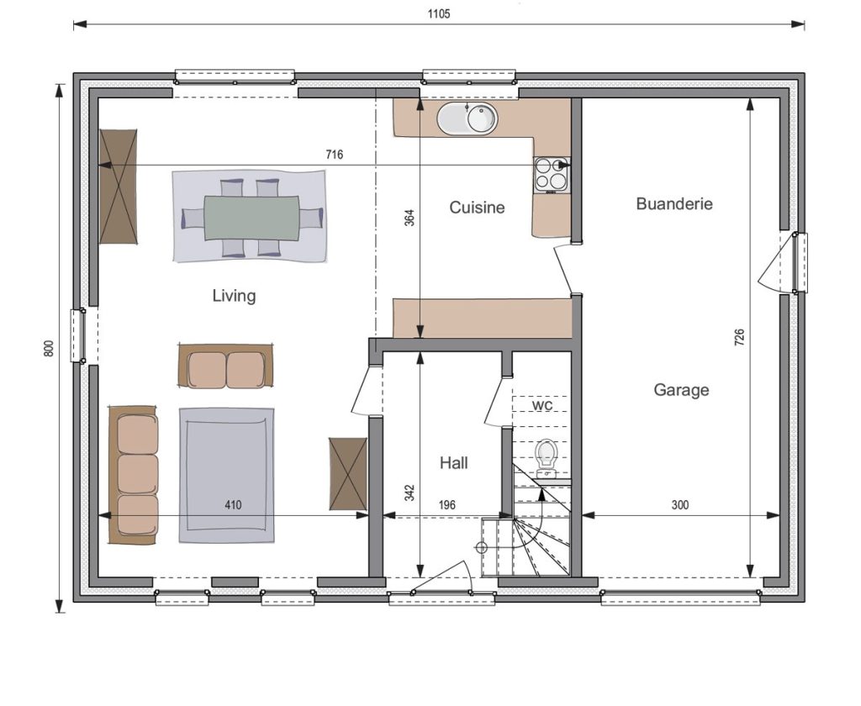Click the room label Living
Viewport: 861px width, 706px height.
(234, 296)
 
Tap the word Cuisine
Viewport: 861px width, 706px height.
(477, 208)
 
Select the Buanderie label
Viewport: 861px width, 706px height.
(674, 203)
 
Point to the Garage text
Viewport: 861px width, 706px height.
(681, 390)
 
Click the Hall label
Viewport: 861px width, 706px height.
(453, 463)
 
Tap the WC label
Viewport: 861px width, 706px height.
(542, 405)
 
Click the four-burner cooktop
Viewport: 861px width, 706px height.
(552, 175)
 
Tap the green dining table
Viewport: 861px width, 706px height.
(252, 218)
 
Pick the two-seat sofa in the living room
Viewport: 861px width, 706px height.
(225, 366)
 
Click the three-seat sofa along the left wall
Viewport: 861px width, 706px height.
(134, 476)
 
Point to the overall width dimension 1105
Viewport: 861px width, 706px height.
(439, 13)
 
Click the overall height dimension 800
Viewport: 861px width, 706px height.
(49, 349)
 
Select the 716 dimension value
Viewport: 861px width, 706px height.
(335, 155)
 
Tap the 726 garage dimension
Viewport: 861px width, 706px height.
(739, 337)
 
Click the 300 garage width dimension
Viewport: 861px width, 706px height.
(679, 505)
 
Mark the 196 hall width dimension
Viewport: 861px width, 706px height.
(447, 505)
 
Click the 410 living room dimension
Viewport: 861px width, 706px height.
(233, 505)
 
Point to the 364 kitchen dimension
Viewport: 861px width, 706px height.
(409, 218)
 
